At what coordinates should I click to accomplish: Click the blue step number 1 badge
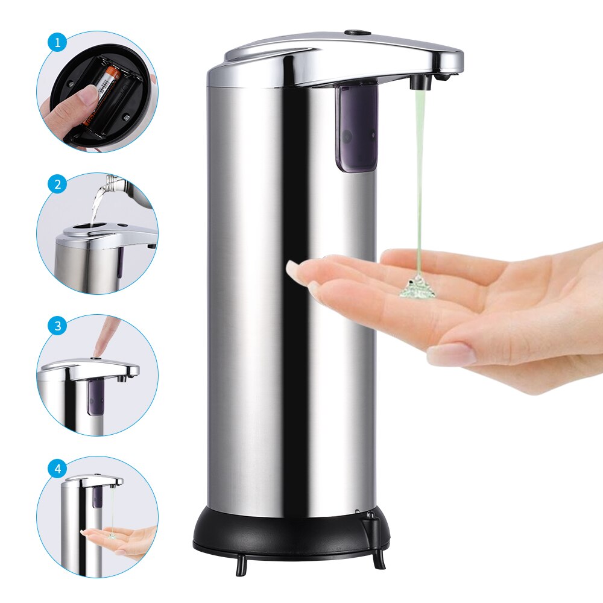pos(58,43)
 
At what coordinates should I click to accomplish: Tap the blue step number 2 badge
pos(58,185)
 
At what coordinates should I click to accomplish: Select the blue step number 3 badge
pos(58,326)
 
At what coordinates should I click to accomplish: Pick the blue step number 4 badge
pos(58,468)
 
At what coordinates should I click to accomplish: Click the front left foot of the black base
pos(241,564)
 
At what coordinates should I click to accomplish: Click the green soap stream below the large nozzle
pos(418,181)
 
